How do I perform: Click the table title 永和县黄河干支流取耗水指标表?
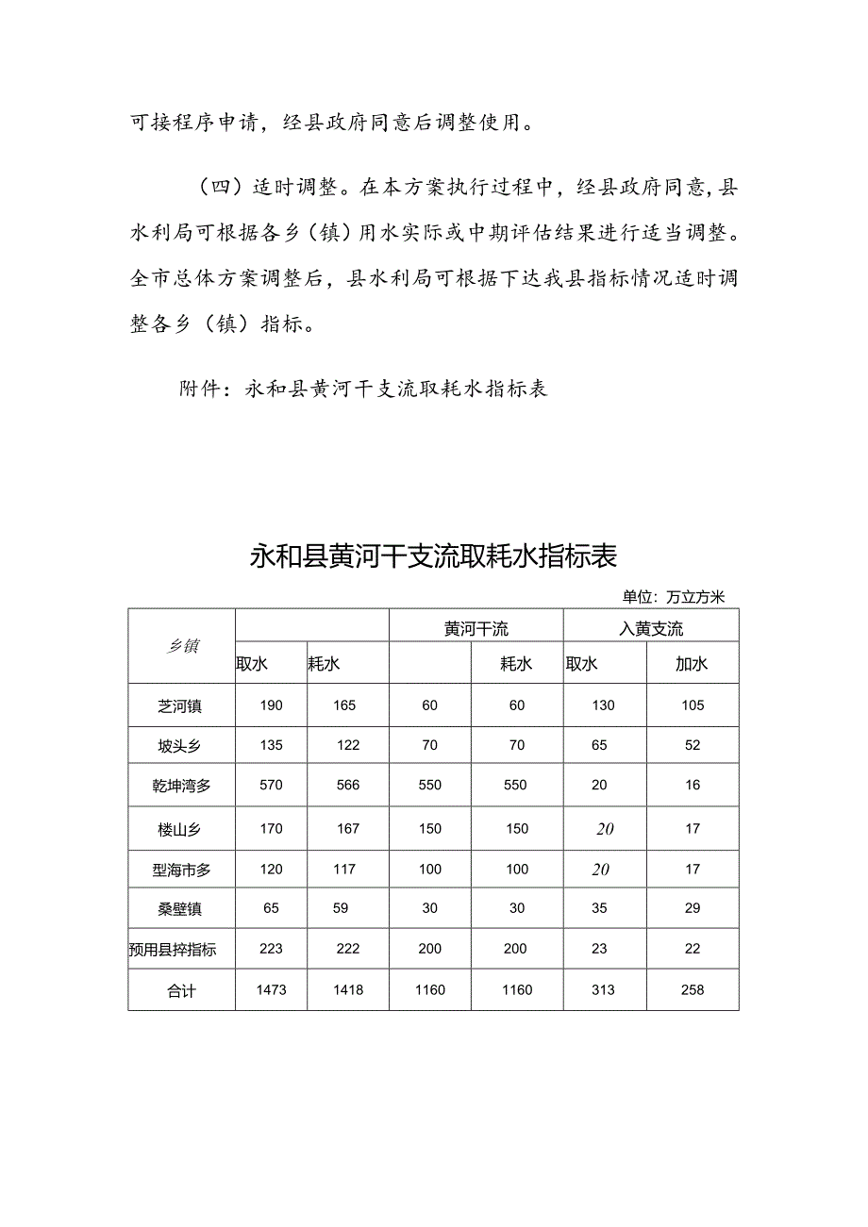click(433, 556)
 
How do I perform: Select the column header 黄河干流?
click(476, 628)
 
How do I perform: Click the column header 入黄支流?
click(651, 628)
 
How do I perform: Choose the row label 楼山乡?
click(180, 830)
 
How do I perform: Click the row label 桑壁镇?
click(180, 909)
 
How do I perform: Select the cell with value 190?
click(271, 705)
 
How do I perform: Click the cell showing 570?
click(271, 786)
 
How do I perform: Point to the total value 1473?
click(271, 990)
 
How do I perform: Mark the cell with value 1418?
click(347, 990)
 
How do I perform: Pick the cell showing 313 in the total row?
click(603, 990)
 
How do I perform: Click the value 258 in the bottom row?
click(693, 990)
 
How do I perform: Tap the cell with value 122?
click(348, 745)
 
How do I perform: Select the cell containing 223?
click(271, 950)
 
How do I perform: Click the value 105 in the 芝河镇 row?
click(693, 705)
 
